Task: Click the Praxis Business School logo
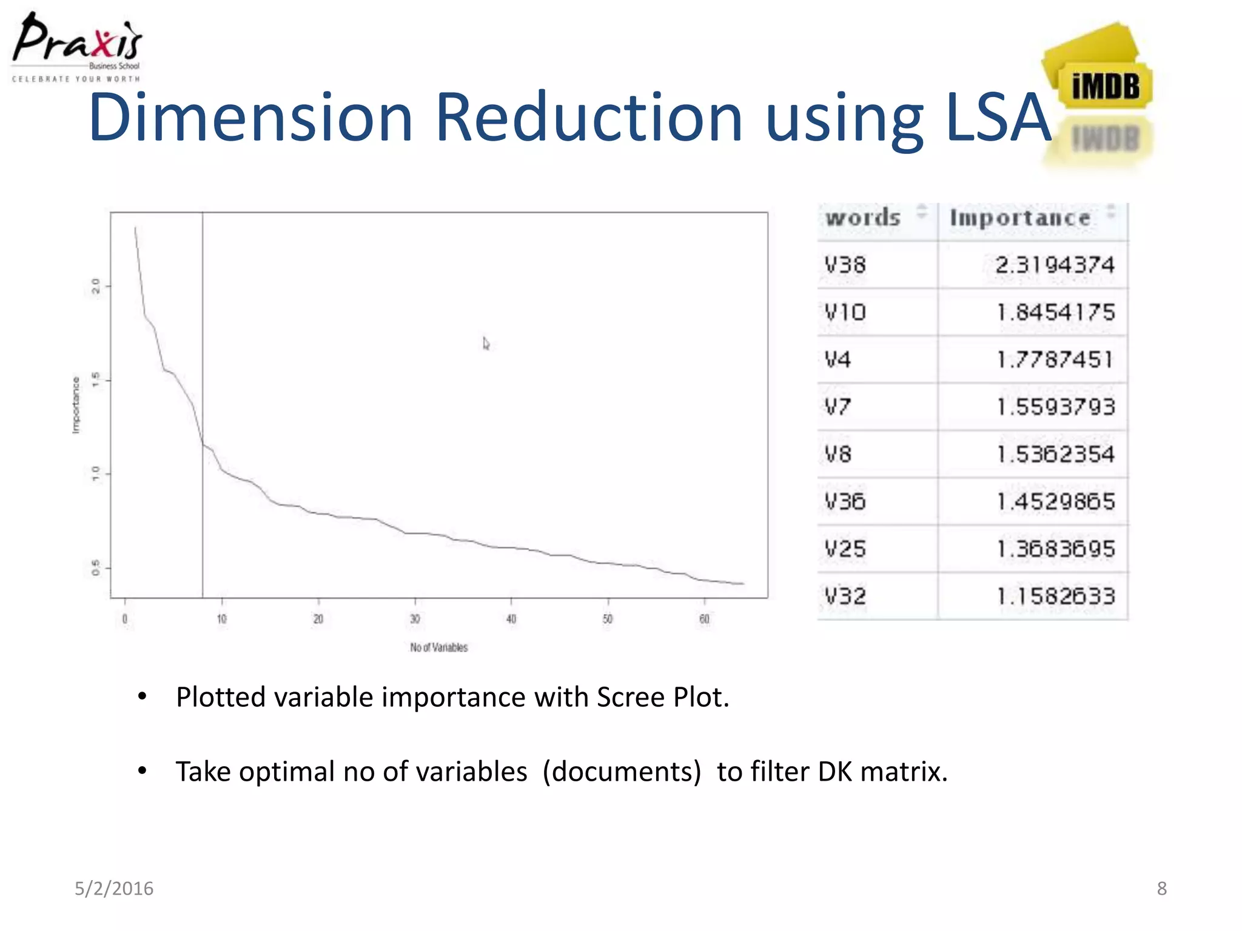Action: pos(76,46)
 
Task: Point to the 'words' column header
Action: pos(863,218)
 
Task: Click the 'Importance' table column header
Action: pos(1019,218)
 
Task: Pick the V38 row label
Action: pos(845,265)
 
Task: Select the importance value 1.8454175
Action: pos(1055,312)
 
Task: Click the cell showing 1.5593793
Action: pos(1055,407)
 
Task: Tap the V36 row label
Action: pos(845,502)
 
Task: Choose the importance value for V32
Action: pos(1055,596)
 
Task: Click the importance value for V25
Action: pos(1055,549)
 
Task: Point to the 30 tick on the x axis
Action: pos(415,619)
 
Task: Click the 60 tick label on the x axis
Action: pos(704,619)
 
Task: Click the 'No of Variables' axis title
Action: pos(438,647)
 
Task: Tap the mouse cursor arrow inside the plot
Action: pos(486,344)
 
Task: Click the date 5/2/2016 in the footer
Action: pos(114,889)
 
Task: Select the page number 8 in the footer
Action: pos(1161,889)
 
